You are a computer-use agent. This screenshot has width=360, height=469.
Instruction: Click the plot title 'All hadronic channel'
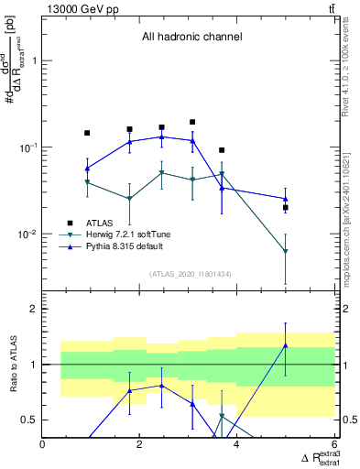coord(191,38)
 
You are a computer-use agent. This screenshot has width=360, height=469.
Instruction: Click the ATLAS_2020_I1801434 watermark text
coord(190,274)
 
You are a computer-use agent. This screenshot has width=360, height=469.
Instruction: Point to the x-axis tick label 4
coord(237,445)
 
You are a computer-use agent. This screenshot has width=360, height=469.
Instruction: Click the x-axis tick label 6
coord(333,445)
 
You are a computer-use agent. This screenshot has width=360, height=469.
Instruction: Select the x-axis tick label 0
coord(43,445)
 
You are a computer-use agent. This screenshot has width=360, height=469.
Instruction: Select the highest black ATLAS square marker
coord(192,122)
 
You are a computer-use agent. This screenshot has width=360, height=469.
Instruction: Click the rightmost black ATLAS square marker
coord(286,208)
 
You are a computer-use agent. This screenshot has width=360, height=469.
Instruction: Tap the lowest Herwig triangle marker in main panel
coord(286,251)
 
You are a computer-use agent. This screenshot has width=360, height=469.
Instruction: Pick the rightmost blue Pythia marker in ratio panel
coord(286,345)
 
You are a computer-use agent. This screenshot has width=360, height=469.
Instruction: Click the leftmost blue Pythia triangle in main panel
coord(87,169)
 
